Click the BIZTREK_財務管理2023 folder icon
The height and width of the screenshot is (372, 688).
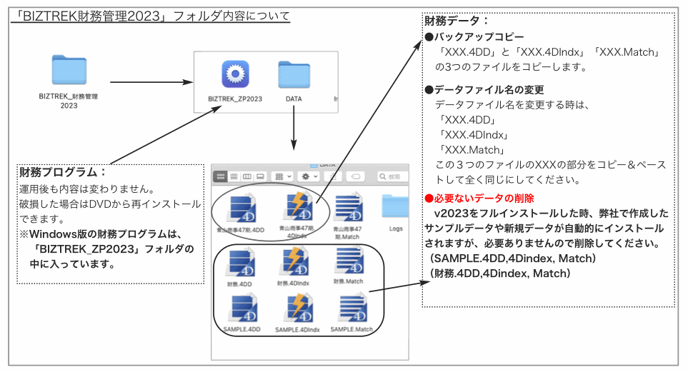(69, 70)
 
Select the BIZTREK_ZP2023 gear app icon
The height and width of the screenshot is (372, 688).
(234, 74)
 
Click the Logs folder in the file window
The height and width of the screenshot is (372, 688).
(395, 208)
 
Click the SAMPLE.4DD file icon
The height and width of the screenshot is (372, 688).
(240, 308)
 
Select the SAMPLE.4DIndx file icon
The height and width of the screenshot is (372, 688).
(296, 308)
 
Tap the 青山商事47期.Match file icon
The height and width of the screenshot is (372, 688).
(349, 208)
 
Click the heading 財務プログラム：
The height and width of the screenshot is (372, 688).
(63, 172)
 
